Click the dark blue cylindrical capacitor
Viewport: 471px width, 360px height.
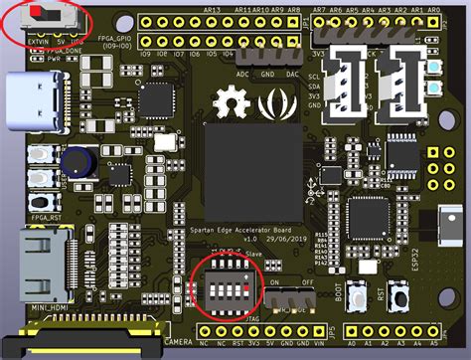click(x=75, y=161)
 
